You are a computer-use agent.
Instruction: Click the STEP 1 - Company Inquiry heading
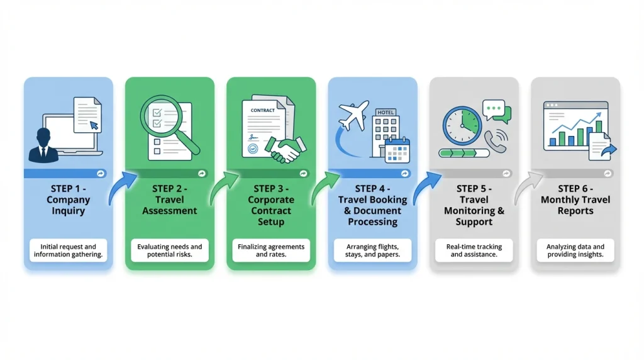coord(68,200)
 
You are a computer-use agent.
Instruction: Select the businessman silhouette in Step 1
coord(43,145)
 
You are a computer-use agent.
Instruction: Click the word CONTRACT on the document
coord(262,110)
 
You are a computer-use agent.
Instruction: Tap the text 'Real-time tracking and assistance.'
coord(474,250)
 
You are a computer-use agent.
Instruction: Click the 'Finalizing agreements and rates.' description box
coord(271,250)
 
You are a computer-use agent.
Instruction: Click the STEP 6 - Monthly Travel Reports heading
coord(575,200)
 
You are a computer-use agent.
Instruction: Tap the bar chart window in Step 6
coord(575,126)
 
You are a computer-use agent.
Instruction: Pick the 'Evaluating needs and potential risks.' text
coord(170,250)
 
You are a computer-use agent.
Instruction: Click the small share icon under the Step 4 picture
coord(405,174)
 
